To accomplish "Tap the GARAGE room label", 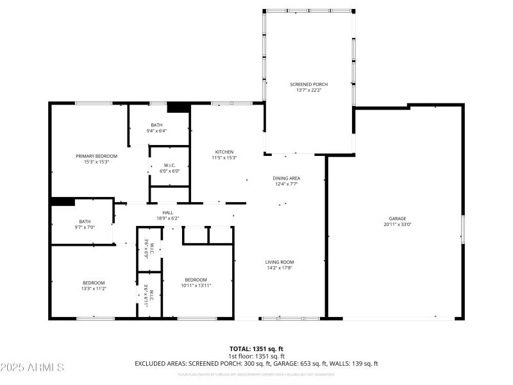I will point(397,218).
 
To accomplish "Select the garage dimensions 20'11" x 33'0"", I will point(397,225).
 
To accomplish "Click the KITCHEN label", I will point(224,151).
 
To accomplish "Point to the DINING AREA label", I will point(287,178).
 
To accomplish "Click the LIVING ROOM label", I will point(280,262).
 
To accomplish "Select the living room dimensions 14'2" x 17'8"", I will point(280,268).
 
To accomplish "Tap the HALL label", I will point(167,212).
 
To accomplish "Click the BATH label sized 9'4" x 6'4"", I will point(156,125).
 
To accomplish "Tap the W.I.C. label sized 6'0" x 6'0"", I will point(170,165).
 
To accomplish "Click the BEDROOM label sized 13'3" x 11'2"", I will point(94,282).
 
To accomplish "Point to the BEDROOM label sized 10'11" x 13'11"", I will point(196,279).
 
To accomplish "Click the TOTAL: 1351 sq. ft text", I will point(256,349).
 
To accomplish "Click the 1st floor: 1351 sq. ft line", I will point(256,356).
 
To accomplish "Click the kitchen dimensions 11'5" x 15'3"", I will point(224,158).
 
